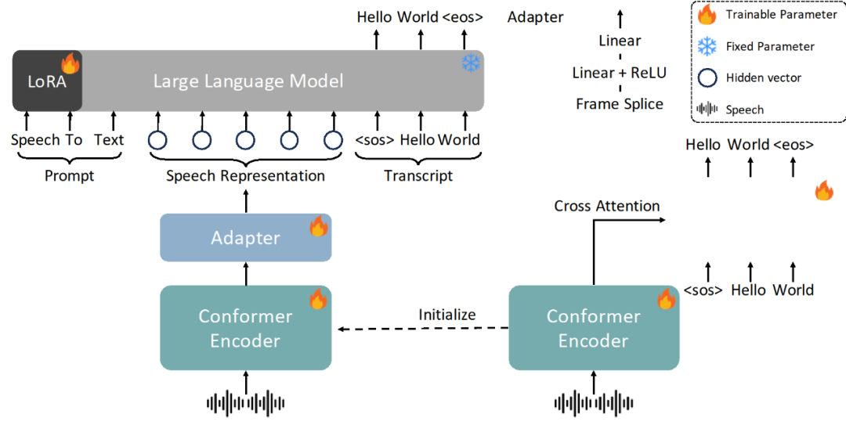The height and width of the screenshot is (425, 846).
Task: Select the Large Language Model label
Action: coord(248,81)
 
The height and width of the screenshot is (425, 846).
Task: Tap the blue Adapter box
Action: coord(245,238)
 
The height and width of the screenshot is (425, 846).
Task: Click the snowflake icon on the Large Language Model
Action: coord(471,63)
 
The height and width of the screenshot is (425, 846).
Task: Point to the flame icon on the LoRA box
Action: coord(70,63)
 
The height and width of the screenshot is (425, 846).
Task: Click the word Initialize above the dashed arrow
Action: coord(446,315)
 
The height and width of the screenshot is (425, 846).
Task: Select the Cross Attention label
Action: coord(607,207)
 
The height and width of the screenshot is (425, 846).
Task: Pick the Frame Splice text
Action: coord(620,104)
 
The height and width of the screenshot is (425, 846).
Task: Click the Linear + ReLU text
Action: coord(620,73)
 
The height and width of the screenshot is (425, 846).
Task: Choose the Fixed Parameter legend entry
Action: coord(770,46)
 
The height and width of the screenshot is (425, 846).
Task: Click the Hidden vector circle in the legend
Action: coord(707,77)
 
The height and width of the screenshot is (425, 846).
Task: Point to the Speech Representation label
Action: coord(245,176)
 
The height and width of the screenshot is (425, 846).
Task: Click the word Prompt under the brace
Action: coord(69,176)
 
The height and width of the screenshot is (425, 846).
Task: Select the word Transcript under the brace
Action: coord(418,176)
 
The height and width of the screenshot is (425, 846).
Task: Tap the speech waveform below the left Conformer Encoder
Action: coord(245,403)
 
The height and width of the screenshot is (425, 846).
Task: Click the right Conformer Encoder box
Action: coord(594,328)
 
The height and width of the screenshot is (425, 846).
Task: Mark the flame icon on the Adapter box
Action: coord(318,227)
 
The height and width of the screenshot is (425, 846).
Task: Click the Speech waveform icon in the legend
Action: coord(707,110)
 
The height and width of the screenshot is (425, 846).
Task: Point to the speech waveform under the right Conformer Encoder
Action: coord(593,403)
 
